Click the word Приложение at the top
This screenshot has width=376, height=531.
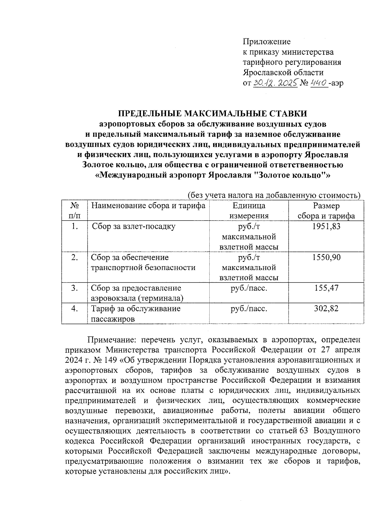pyautogui.click(x=267, y=42)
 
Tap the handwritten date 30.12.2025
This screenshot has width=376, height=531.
pyautogui.click(x=274, y=83)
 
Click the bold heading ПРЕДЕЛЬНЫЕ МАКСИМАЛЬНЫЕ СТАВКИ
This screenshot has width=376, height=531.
pyautogui.click(x=213, y=113)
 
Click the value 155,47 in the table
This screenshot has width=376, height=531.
pyautogui.click(x=326, y=288)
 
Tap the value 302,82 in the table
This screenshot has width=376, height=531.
pyautogui.click(x=326, y=309)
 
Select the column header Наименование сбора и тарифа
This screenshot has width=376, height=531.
pyautogui.click(x=148, y=206)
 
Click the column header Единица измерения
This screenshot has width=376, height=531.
pyautogui.click(x=249, y=211)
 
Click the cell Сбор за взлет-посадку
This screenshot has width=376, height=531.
pyautogui.click(x=133, y=226)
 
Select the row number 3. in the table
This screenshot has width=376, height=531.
pyautogui.click(x=74, y=288)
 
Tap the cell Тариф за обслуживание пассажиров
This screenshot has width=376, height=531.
pyautogui.click(x=135, y=314)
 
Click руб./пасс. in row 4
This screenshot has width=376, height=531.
pyautogui.click(x=249, y=309)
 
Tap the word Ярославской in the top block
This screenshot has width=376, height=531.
pyautogui.click(x=267, y=73)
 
